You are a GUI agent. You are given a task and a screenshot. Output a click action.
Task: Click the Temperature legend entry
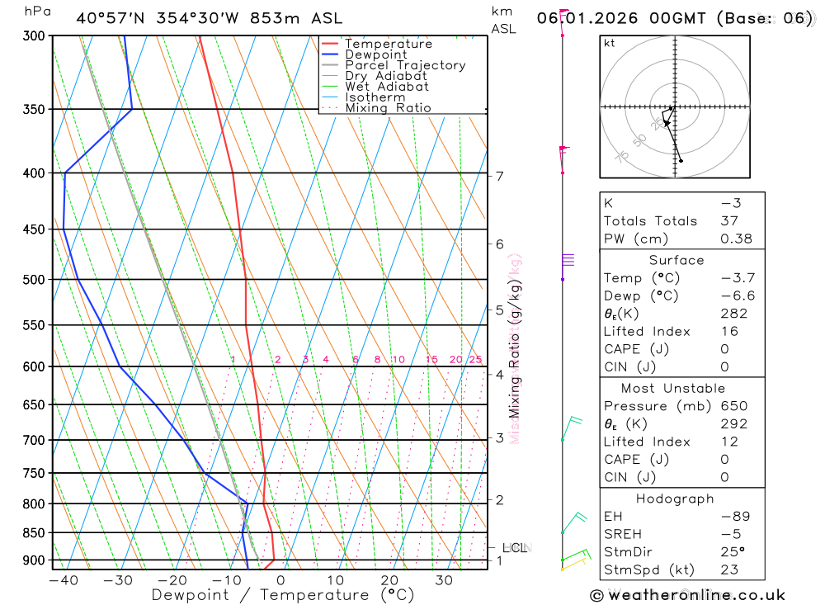point(388,44)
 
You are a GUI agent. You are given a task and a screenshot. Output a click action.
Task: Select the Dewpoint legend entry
point(375,54)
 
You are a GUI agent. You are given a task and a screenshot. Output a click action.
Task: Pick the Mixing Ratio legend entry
point(388,107)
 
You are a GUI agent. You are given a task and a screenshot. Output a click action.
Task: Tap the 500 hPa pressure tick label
point(35,280)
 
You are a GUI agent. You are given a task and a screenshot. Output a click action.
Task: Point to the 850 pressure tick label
point(35,533)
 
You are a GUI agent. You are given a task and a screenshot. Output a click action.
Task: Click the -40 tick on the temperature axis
point(63,580)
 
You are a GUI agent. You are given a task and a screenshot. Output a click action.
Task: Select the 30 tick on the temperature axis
point(444,580)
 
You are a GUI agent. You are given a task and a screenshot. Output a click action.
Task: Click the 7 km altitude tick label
point(499,176)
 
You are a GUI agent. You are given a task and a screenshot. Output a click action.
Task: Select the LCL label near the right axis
point(514,547)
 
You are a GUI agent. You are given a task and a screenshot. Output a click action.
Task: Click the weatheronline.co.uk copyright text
point(688,594)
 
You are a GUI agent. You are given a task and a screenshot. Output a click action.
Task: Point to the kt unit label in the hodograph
point(610,43)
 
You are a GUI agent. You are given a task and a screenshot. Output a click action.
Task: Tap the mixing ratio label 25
point(475,359)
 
